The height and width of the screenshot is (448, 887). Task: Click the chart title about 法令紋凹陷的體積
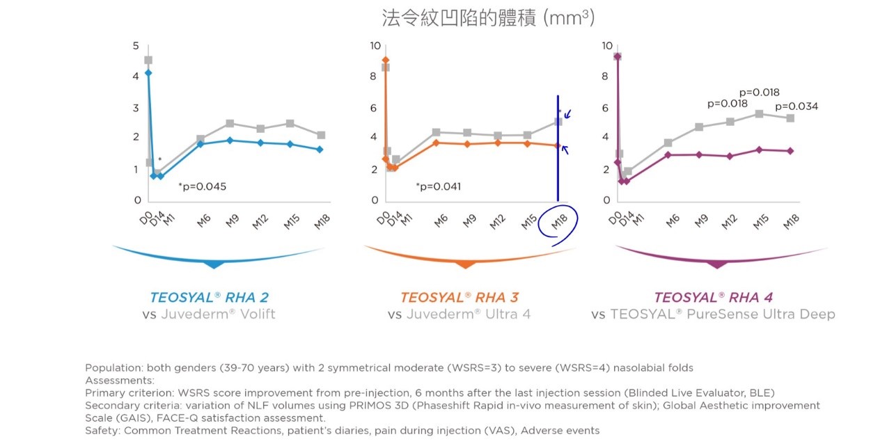pos(487,17)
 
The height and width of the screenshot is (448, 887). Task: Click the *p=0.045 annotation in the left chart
pos(202,186)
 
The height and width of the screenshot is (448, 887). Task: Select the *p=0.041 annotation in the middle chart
pos(438,186)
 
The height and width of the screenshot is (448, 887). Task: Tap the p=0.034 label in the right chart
pos(796,106)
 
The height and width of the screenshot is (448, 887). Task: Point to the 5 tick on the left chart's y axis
pos(136,46)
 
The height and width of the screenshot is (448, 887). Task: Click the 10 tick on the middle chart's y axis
pos(375,46)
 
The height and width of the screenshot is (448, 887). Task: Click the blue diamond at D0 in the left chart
pos(148,72)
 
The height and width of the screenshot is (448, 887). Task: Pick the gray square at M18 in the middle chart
pos(558,122)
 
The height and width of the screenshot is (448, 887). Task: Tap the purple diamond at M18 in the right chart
pos(790,151)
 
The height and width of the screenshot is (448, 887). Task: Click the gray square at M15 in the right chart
pos(760,113)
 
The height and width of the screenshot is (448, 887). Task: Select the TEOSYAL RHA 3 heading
pos(459,298)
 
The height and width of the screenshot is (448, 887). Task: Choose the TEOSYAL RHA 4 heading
pos(713,298)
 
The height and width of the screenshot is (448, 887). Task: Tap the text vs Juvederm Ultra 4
pos(459,314)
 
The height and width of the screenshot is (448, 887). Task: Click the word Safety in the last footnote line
pos(102,431)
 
